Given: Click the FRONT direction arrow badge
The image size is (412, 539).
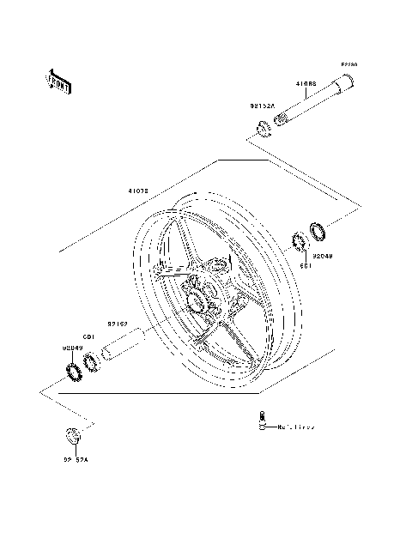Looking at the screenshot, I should [59, 80].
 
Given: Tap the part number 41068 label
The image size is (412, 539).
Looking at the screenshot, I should [306, 84].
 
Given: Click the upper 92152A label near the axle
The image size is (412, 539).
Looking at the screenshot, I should [263, 106].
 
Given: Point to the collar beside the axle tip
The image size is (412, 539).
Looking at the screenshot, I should [263, 130].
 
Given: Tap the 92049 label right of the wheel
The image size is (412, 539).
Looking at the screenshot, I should [322, 255].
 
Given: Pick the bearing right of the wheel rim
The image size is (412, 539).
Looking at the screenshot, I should [301, 242].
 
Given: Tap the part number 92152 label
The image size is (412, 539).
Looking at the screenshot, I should [118, 324].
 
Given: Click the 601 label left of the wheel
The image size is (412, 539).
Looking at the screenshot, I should [88, 336].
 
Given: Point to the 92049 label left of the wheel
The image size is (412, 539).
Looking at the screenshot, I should [71, 348].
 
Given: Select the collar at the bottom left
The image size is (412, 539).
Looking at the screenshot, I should [75, 434].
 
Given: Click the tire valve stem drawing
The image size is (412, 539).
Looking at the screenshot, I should [260, 421].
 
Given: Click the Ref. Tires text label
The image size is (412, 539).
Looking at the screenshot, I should [296, 426].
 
